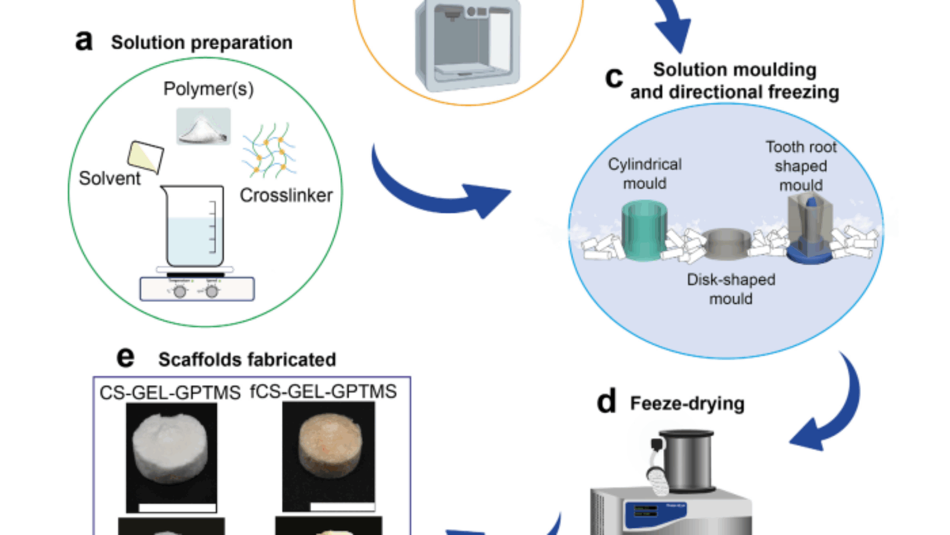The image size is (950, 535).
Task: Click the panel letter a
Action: [x=84, y=41]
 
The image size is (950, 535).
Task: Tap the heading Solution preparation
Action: [x=201, y=43]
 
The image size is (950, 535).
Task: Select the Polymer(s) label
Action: [x=208, y=89]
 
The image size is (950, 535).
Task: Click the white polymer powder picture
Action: [x=203, y=127]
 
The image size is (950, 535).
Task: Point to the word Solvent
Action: [x=110, y=178]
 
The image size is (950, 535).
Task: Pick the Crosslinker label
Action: [x=286, y=196]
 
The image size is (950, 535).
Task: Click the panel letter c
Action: [x=614, y=78]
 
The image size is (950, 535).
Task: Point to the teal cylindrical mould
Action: [x=644, y=231]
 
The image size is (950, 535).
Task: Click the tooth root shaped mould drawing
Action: [x=810, y=229]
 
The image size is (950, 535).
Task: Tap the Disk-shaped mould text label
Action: [x=731, y=289]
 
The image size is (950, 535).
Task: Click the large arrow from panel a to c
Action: [x=439, y=190]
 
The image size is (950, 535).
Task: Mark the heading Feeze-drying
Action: [x=687, y=404]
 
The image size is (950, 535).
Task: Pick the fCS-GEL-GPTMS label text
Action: [x=324, y=392]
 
